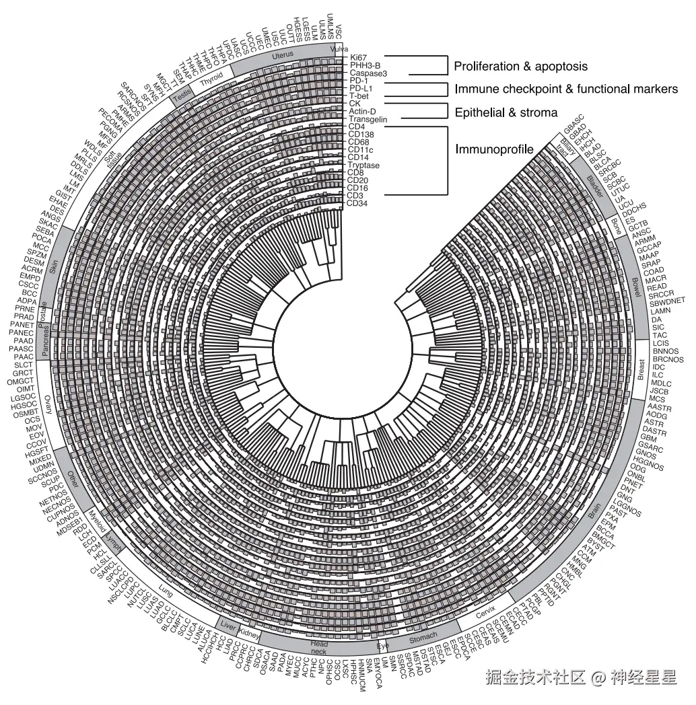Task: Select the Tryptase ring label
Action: click(363, 165)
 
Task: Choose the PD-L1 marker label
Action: click(362, 88)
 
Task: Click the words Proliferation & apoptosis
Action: click(520, 67)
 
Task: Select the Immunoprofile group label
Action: click(493, 149)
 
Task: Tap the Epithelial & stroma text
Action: click(506, 113)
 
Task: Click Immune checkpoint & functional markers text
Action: click(566, 89)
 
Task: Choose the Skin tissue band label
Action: click(53, 268)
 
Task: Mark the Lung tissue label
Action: click(166, 591)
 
